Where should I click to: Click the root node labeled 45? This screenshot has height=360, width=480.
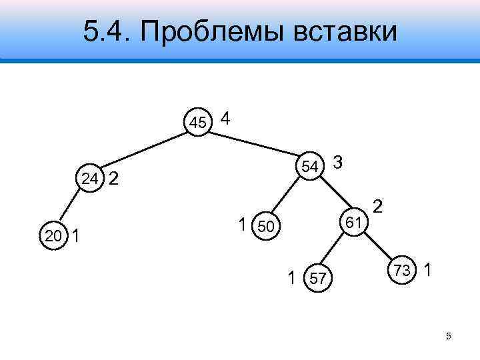[197, 122]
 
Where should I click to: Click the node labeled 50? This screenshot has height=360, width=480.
[265, 227]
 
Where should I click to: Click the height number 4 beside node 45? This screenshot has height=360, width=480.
[225, 119]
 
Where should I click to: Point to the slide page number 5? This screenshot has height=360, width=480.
[449, 336]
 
